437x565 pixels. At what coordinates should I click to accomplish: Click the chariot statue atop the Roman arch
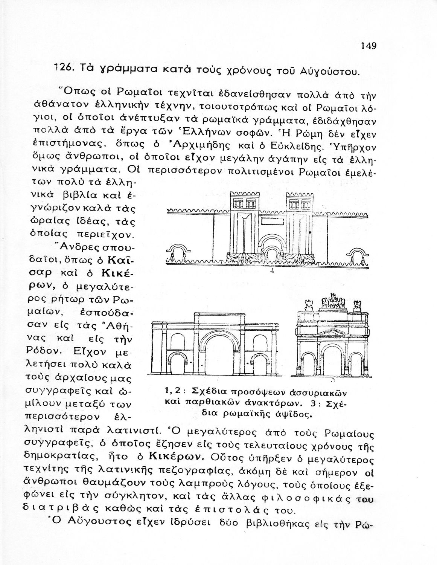coord(333,301)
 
